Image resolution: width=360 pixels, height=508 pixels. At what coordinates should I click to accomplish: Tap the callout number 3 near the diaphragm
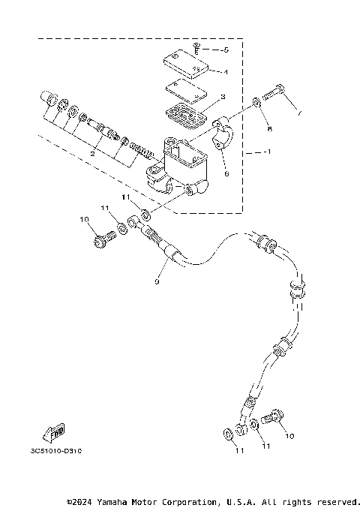223,98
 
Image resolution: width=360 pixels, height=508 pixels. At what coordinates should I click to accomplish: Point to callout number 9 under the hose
157,282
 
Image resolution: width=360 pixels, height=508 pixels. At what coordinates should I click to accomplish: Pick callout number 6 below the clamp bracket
225,172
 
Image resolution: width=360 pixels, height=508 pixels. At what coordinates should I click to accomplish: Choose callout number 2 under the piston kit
91,152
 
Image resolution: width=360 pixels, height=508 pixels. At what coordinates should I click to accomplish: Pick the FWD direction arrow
54,431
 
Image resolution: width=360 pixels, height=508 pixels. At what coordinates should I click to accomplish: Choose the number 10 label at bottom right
289,436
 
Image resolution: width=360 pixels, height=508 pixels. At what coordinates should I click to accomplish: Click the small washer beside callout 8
257,100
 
